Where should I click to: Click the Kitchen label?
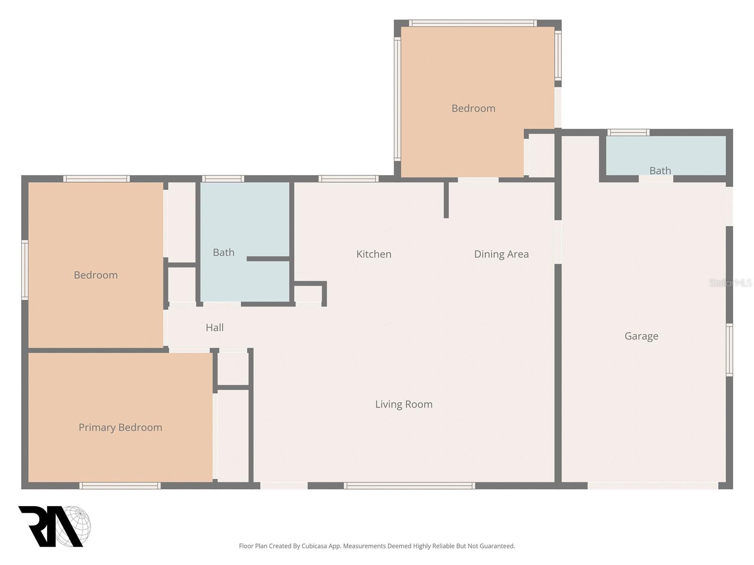374,254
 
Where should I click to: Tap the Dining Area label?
501,254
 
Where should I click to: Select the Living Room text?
403,404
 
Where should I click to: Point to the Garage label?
641,336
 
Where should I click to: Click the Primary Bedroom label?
120,428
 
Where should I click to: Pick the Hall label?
214,328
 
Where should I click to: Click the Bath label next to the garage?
660,170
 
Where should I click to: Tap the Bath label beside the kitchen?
223,252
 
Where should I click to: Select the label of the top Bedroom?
473,108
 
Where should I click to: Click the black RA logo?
47,526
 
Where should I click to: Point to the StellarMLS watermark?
730,282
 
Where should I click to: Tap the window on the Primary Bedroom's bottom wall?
120,485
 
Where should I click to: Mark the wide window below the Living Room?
409,485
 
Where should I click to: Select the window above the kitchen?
348,178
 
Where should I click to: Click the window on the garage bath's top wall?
628,132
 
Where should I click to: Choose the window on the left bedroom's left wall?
25,270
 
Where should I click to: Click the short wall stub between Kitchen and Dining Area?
446,200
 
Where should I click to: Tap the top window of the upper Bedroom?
472,23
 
